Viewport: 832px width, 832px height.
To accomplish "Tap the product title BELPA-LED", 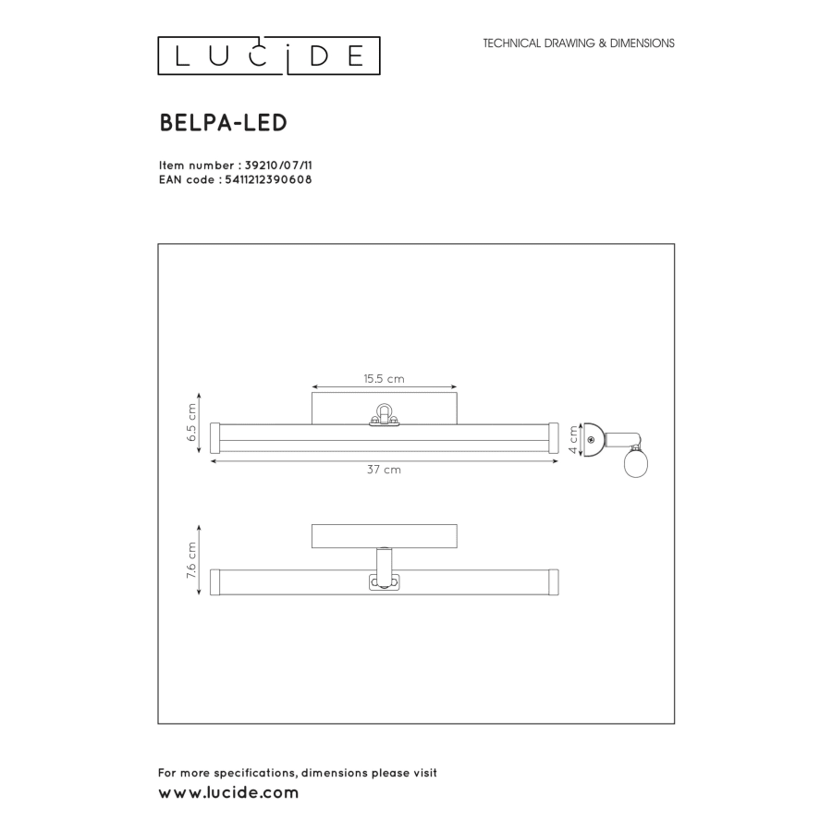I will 223,123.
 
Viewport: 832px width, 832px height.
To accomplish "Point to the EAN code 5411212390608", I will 268,180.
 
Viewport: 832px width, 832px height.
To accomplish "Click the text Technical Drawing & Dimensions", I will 579,43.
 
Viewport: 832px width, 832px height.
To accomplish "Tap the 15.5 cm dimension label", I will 384,378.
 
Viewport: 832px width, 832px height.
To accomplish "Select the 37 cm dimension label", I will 384,470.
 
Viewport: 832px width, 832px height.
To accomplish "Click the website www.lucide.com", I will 228,793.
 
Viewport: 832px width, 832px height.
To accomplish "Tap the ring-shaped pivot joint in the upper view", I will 384,411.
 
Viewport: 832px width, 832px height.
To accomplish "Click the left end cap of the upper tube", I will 214,437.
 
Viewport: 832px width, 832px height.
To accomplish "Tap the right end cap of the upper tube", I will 554,437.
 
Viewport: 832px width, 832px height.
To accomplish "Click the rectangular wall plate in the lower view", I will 384,536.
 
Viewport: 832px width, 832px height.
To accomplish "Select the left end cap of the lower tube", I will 214,581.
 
